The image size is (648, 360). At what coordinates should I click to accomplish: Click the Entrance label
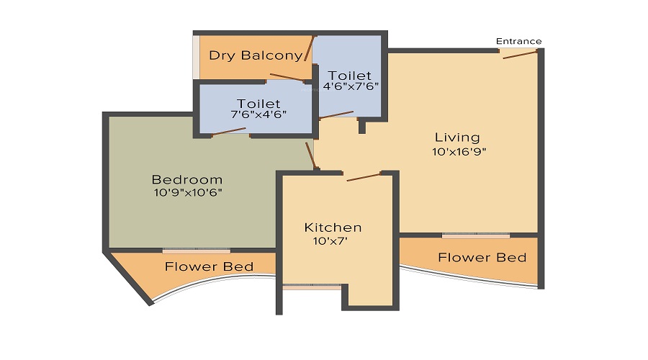tap(518, 41)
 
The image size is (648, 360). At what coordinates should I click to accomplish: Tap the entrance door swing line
tap(521, 55)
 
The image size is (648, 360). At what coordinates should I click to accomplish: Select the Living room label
tap(456, 137)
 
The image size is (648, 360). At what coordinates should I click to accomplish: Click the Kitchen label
tap(333, 228)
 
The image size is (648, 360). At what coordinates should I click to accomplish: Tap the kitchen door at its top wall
tap(363, 176)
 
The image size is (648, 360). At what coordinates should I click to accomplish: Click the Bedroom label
tap(186, 179)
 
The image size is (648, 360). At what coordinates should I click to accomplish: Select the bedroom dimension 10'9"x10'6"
tap(186, 193)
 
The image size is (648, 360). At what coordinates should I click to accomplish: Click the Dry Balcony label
tap(246, 55)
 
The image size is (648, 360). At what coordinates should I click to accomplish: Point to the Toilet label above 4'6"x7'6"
tap(349, 75)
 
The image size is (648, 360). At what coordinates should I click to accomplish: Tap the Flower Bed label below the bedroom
tap(209, 267)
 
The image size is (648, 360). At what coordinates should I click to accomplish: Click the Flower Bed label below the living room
tap(482, 257)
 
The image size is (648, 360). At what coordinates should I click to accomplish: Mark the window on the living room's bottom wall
tap(476, 235)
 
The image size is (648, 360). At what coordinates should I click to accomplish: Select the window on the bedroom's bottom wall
tap(196, 251)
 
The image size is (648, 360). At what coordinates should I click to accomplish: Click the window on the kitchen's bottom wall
tap(312, 287)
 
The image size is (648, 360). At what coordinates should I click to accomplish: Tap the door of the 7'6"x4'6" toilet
tap(230, 131)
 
